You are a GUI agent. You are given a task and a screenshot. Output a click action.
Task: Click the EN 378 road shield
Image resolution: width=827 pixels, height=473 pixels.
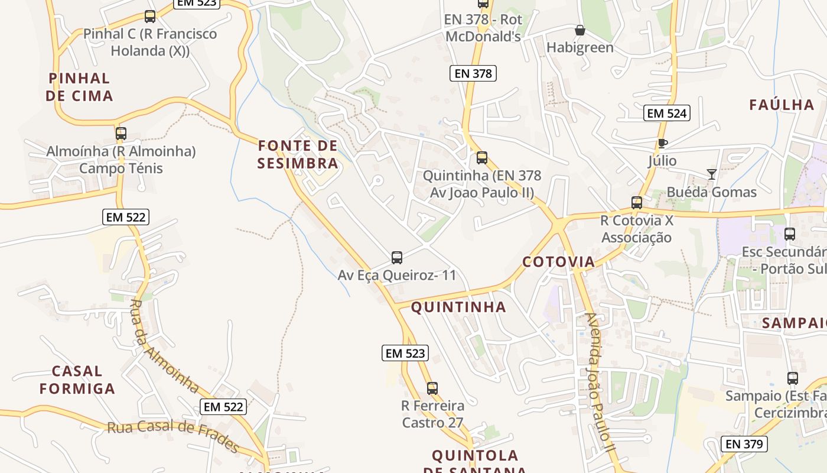[473, 73]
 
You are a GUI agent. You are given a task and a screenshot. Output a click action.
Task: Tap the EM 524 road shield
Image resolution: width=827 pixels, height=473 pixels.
[667, 113]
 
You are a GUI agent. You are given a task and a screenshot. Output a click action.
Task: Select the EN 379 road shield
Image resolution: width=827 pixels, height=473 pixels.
[744, 443]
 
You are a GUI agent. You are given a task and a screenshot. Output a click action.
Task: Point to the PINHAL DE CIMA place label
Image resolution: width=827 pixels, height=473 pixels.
[80, 87]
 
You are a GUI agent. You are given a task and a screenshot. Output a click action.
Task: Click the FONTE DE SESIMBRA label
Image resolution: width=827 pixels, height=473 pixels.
[298, 154]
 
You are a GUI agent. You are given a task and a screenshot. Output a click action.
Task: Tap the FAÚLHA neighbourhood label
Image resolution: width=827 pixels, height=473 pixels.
[782, 105]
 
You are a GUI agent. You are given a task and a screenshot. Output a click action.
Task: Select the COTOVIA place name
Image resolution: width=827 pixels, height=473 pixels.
[558, 262]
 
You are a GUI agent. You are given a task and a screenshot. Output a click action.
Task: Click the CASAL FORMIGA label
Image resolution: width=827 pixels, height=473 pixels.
[77, 380]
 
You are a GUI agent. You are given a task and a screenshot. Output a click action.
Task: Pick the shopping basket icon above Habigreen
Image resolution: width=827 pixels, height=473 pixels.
[580, 30]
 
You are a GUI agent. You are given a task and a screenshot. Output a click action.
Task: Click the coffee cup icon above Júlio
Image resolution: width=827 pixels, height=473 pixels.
[662, 143]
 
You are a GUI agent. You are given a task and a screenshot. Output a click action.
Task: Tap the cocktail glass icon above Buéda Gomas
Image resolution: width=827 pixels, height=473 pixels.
[712, 174]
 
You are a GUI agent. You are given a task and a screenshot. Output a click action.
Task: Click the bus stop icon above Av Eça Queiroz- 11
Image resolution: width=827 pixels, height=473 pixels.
[397, 257]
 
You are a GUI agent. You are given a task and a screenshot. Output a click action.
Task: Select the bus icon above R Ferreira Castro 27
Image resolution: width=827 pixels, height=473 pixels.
[432, 388]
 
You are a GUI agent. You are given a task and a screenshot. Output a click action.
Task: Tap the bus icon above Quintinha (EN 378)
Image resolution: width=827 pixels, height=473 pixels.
[482, 158]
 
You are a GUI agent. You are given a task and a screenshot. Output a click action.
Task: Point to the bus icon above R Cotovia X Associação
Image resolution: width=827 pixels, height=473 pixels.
[637, 203]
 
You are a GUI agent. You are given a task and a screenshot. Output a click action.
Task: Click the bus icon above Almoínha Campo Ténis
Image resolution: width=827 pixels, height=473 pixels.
[121, 134]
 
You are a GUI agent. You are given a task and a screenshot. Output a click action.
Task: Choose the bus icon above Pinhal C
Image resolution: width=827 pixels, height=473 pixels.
[150, 17]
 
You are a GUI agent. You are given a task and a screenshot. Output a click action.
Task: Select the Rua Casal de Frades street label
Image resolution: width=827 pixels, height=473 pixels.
[173, 435]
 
